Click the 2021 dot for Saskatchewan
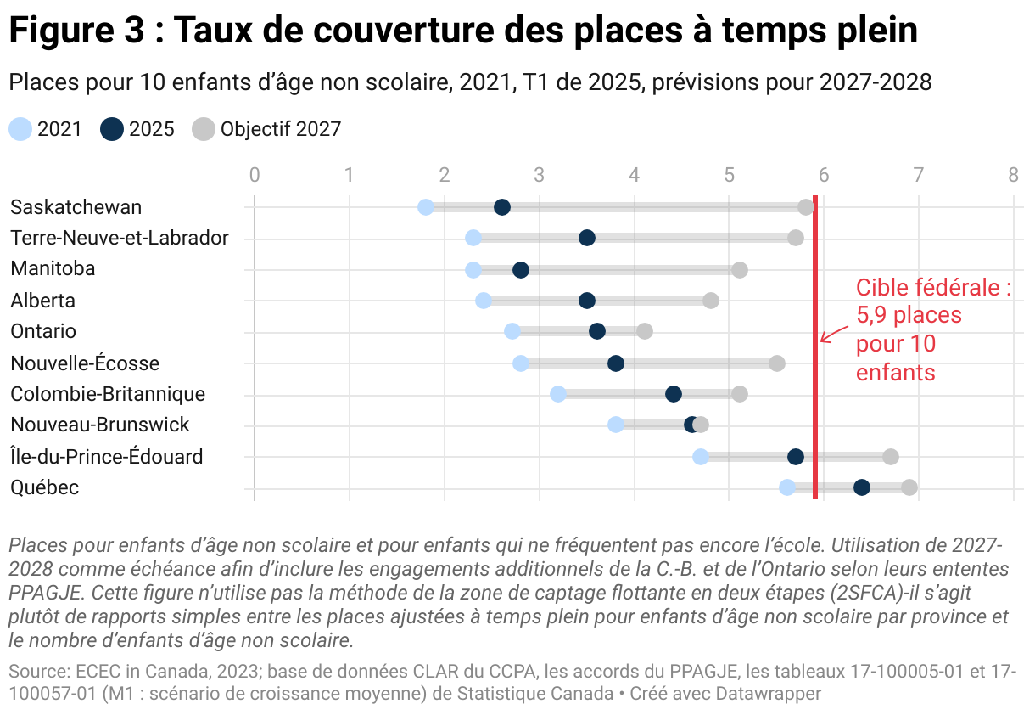click(426, 207)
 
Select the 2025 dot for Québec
click(862, 487)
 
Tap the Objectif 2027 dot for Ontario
click(645, 331)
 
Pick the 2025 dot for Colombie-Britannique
click(674, 394)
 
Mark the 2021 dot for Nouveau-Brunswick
click(616, 425)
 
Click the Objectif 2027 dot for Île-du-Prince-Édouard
click(891, 457)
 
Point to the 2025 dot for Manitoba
click(521, 270)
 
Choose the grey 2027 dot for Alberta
click(711, 301)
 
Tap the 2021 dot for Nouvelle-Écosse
click(521, 363)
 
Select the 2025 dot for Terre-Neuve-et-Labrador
click(587, 238)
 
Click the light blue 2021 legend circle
click(20, 129)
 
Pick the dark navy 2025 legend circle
click(112, 129)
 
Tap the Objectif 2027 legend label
click(280, 129)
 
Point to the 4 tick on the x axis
click(634, 176)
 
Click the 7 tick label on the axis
click(918, 176)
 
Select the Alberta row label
click(43, 301)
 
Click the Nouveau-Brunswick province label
click(100, 425)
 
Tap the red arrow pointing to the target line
click(833, 334)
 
